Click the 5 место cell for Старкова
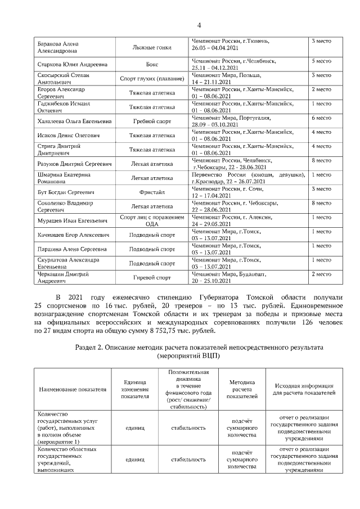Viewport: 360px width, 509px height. point(321,60)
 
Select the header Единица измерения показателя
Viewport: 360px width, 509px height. point(135,389)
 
